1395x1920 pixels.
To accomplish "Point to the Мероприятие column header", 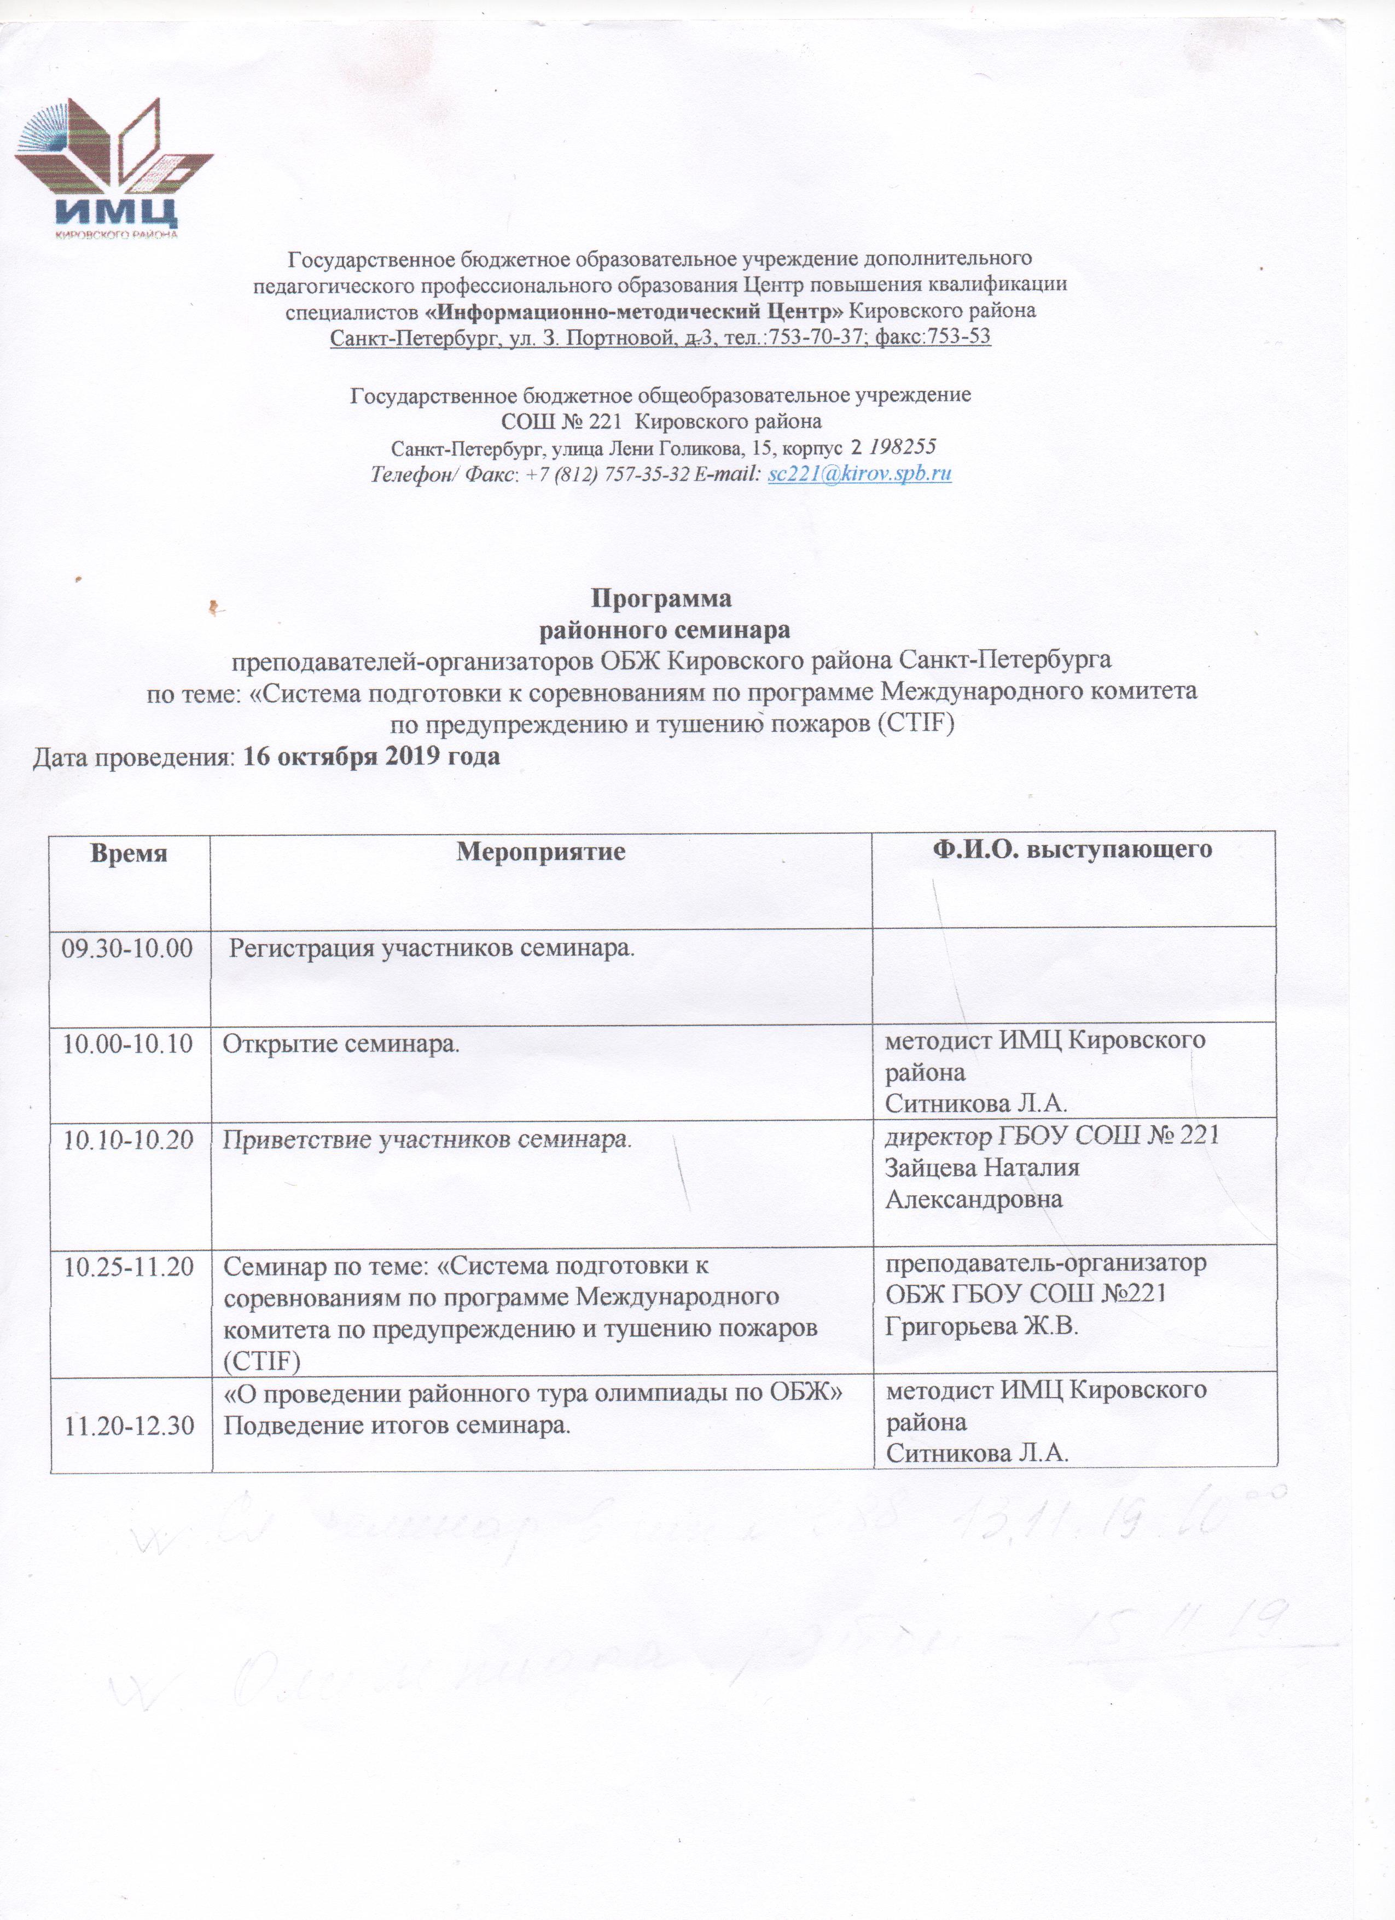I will [541, 852].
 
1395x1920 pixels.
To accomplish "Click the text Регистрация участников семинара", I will [433, 947].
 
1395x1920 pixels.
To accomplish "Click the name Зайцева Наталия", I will [982, 1168].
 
